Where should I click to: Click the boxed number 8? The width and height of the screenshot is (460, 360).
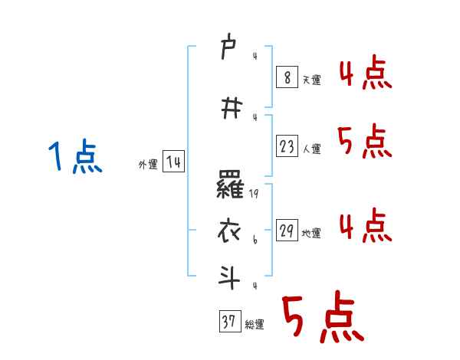pyautogui.click(x=286, y=77)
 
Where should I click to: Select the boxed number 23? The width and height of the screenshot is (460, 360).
pyautogui.click(x=287, y=146)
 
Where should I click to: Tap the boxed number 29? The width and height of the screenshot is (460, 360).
pyautogui.click(x=287, y=231)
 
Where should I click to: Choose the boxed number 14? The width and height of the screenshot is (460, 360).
pyautogui.click(x=173, y=162)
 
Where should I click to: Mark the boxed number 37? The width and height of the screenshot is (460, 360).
pyautogui.click(x=229, y=322)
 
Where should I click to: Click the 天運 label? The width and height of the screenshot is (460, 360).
pyautogui.click(x=311, y=80)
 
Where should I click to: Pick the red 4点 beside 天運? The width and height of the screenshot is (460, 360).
pyautogui.click(x=364, y=75)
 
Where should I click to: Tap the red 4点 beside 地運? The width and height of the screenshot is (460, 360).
pyautogui.click(x=364, y=226)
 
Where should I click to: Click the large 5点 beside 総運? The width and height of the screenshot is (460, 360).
pyautogui.click(x=321, y=318)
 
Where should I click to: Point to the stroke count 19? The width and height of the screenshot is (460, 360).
pyautogui.click(x=255, y=195)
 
